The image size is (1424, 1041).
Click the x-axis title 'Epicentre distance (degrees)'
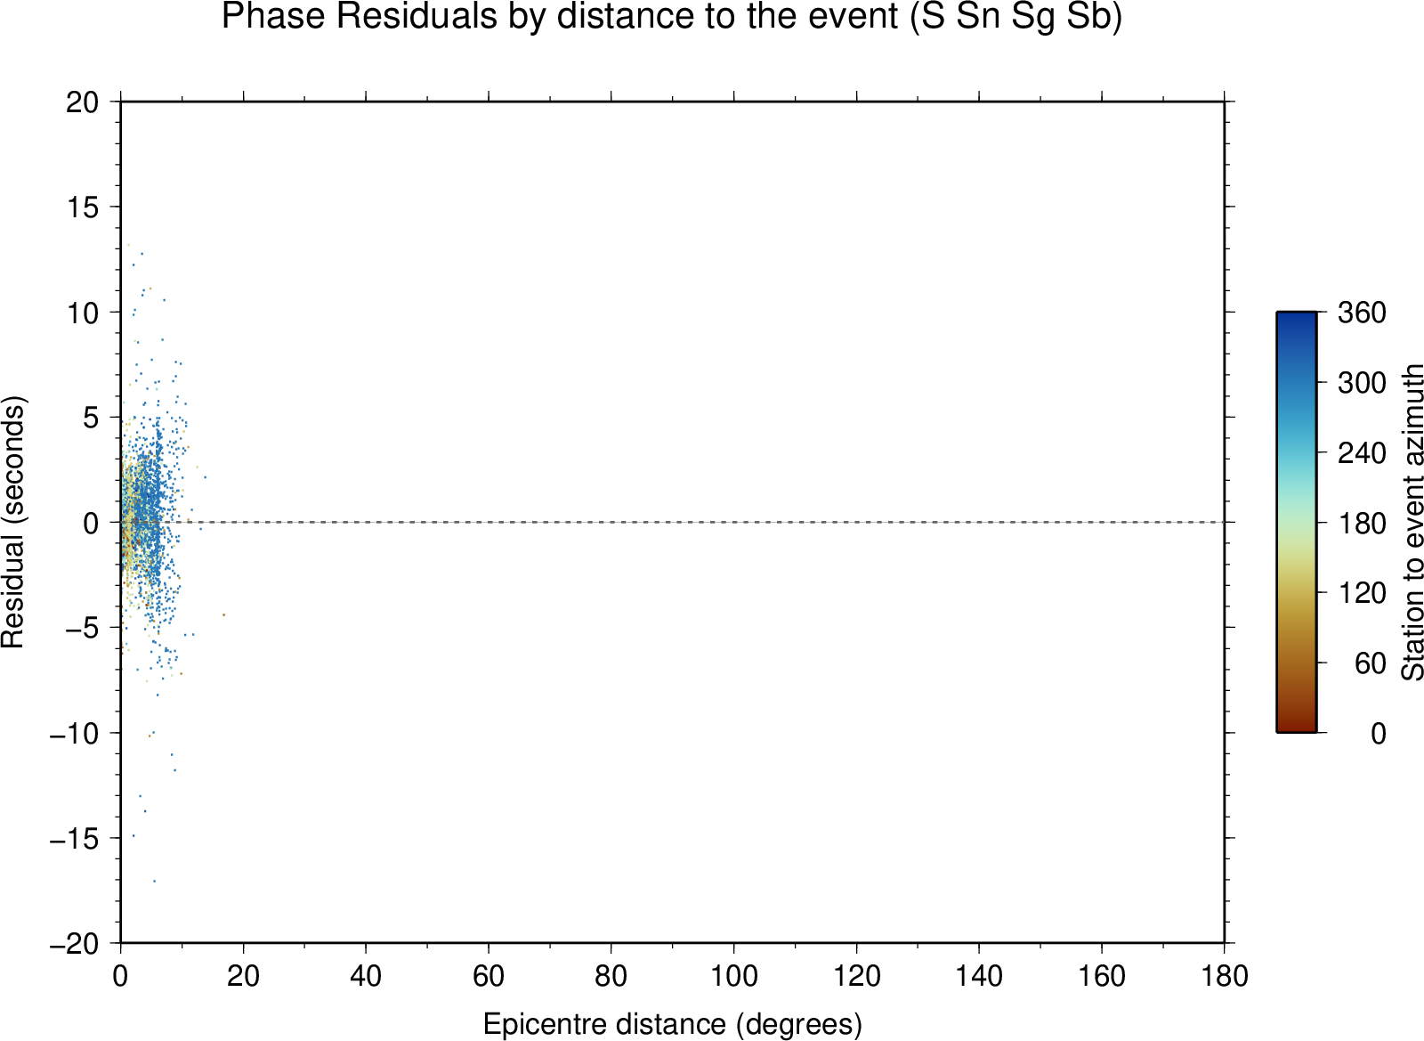pyautogui.click(x=673, y=1006)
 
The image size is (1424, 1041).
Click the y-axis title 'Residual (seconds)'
pyautogui.click(x=12, y=522)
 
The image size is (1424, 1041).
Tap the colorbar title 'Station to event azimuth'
pyautogui.click(x=1412, y=522)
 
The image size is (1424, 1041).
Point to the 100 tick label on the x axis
pyautogui.click(x=733, y=975)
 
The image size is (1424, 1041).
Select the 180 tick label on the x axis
pyautogui.click(x=1225, y=975)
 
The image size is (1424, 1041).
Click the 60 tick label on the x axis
pyautogui.click(x=489, y=975)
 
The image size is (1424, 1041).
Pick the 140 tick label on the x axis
pyautogui.click(x=979, y=975)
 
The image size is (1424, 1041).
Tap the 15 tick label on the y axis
pyautogui.click(x=83, y=207)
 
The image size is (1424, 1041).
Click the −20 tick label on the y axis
pyautogui.click(x=75, y=944)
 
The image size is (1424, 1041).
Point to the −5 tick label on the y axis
pyautogui.click(x=83, y=628)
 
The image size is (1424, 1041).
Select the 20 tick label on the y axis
pyautogui.click(x=83, y=102)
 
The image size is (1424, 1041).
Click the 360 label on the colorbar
pyautogui.click(x=1362, y=313)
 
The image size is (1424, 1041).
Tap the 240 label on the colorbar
pyautogui.click(x=1362, y=452)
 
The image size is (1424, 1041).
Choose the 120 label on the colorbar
pyautogui.click(x=1362, y=593)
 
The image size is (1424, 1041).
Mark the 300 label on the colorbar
pyautogui.click(x=1362, y=382)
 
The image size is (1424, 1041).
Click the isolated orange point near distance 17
pyautogui.click(x=223, y=615)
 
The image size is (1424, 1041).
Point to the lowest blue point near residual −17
pyautogui.click(x=155, y=881)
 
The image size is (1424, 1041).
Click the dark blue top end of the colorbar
pyautogui.click(x=1296, y=314)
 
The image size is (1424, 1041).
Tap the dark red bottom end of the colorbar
pyautogui.click(x=1296, y=728)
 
